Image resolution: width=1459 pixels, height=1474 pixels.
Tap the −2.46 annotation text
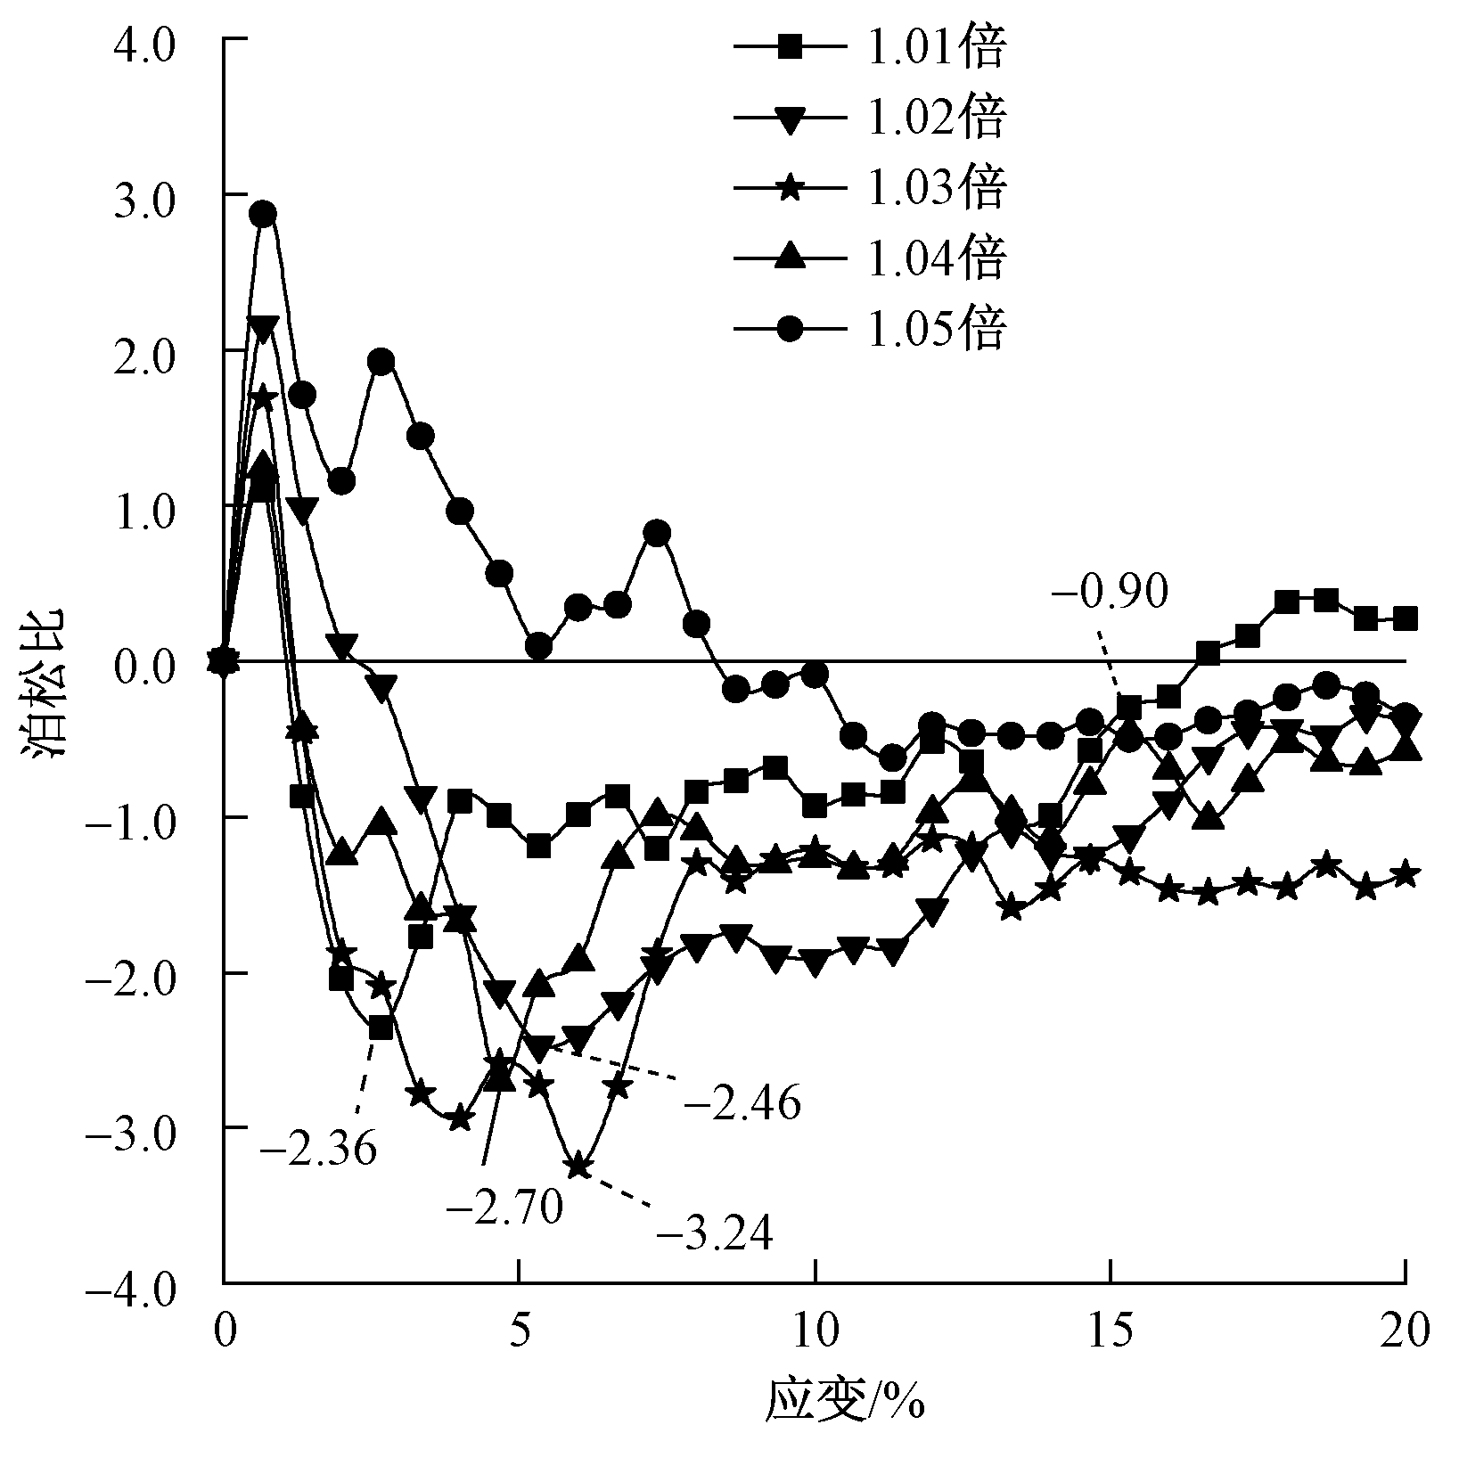pos(742,1103)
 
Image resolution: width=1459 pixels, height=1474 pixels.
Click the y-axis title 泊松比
pos(48,684)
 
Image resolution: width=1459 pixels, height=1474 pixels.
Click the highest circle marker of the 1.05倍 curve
pos(263,214)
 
